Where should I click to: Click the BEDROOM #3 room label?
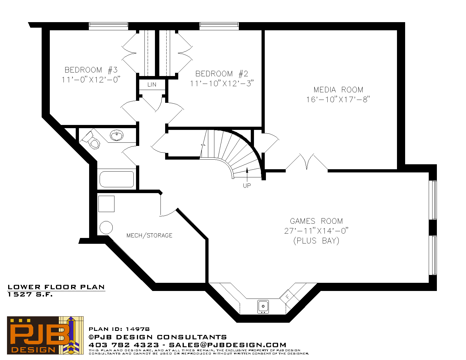pyautogui.click(x=91, y=70)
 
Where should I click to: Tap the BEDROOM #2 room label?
pyautogui.click(x=222, y=74)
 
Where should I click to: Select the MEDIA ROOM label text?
pyautogui.click(x=338, y=90)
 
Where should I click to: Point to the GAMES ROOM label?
pyautogui.click(x=316, y=221)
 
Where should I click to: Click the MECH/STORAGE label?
pyautogui.click(x=149, y=235)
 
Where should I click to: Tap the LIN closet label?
pyautogui.click(x=152, y=84)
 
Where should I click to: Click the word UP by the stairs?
pyautogui.click(x=247, y=186)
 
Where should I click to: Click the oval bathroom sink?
pyautogui.click(x=117, y=135)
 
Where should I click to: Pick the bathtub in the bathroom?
pyautogui.click(x=117, y=179)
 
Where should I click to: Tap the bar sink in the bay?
pyautogui.click(x=263, y=307)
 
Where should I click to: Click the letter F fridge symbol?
pyautogui.click(x=288, y=297)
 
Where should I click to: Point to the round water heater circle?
pyautogui.click(x=106, y=227)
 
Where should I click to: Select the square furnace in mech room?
pyautogui.click(x=106, y=204)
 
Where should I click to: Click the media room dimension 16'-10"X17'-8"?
pyautogui.click(x=338, y=100)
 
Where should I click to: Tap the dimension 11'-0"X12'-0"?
pyautogui.click(x=91, y=80)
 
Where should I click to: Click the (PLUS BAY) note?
pyautogui.click(x=316, y=241)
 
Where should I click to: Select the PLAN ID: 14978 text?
pyautogui.click(x=119, y=329)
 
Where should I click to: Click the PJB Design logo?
pyautogui.click(x=45, y=335)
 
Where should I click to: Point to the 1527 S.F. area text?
pyautogui.click(x=30, y=294)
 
